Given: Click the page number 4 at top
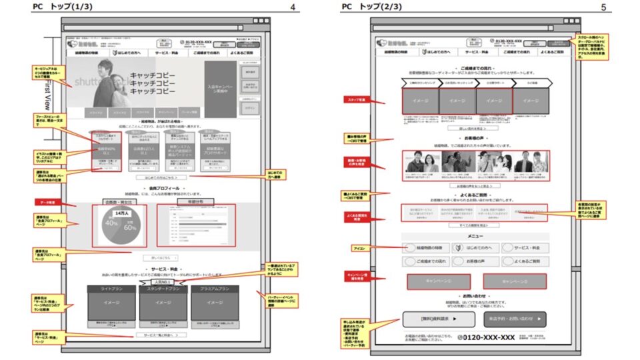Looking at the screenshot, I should coord(293,7).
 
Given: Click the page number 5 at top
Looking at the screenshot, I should coord(603,7).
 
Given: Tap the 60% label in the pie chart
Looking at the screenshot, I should coord(129,228).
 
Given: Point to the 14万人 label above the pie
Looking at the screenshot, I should coord(121,213).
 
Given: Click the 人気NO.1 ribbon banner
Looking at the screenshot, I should coord(159,282).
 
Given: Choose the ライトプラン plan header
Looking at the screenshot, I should coord(111,290).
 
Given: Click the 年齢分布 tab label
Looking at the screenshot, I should coord(195,201).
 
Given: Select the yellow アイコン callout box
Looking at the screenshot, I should coord(358,248).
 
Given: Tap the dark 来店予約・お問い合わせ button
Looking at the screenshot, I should coord(515,319).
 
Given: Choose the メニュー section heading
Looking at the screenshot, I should coord(475,236).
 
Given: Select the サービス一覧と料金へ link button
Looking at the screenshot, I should coord(161,335).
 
